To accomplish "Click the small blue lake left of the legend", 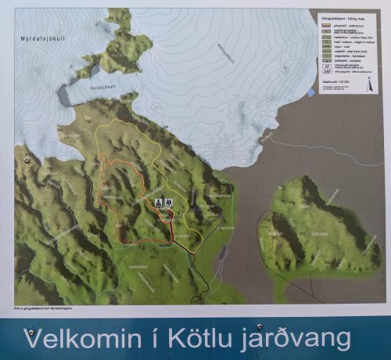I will tap(311, 92).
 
